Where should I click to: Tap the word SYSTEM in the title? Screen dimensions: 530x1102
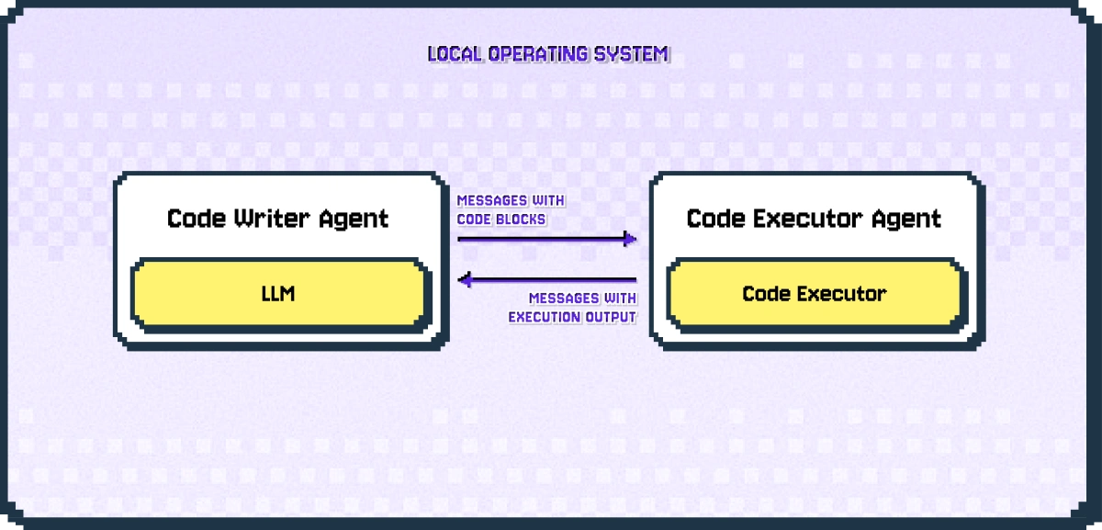pos(637,54)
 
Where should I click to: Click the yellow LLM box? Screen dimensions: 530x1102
pos(279,294)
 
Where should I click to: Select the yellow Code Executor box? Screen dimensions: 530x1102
pos(815,294)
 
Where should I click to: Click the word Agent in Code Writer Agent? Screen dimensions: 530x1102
pos(354,219)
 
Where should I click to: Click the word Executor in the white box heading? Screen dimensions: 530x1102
pos(798,219)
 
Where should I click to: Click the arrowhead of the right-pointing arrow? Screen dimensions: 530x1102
pos(630,240)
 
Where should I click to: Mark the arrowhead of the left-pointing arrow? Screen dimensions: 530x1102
pos(465,279)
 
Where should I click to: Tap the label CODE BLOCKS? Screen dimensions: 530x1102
pos(501,220)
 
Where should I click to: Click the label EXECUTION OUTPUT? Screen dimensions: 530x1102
pos(572,318)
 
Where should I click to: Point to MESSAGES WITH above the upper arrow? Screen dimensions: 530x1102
pos(511,201)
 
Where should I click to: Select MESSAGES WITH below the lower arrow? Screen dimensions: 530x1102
pos(582,299)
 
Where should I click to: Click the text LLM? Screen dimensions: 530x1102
pos(279,294)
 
